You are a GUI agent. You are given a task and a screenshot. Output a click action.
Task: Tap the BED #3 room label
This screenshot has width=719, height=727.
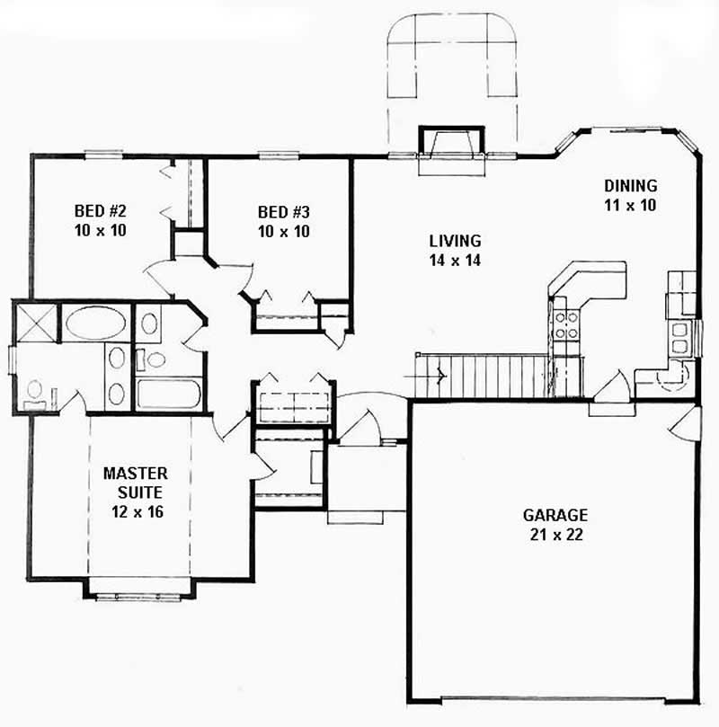coord(283,212)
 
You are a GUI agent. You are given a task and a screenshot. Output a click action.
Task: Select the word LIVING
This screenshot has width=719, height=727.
coord(455,241)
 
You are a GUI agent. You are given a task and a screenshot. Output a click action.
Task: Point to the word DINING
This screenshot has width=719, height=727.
coord(631,186)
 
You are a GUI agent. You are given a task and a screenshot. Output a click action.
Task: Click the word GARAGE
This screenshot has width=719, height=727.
coord(555,515)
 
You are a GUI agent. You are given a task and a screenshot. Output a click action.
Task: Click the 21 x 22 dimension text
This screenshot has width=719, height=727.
coord(555,533)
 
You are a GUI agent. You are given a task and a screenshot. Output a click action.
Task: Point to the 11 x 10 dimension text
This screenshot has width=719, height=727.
coord(631,204)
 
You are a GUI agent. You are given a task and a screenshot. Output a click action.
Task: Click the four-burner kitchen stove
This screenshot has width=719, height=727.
coord(566,324)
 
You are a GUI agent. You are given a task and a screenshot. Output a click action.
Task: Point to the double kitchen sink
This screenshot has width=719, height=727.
coord(680,339)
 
